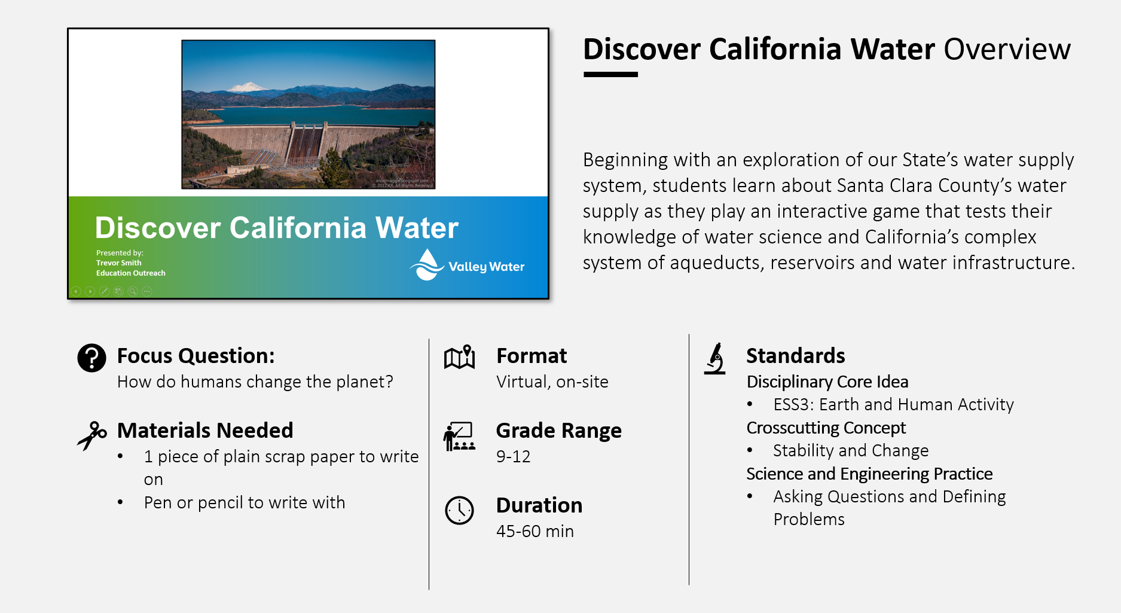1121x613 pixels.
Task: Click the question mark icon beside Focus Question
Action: (91, 358)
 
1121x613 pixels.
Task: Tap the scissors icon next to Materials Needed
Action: (91, 435)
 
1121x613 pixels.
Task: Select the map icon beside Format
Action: (459, 357)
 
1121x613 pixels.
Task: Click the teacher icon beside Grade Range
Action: (459, 437)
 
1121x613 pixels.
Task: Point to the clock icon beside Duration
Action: (459, 510)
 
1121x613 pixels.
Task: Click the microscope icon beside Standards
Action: (715, 358)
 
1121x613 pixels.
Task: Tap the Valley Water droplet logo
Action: (427, 266)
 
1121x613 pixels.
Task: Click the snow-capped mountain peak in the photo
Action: (248, 87)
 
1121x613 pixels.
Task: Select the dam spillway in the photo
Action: (306, 144)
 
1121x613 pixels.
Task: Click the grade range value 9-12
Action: (513, 457)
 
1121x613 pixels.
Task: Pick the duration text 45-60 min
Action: (534, 531)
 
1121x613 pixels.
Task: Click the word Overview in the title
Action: (1007, 49)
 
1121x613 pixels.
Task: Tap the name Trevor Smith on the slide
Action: (119, 263)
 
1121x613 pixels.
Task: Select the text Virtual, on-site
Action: (552, 382)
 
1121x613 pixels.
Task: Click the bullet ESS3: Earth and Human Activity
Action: (893, 405)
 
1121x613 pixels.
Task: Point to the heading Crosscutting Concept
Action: (826, 428)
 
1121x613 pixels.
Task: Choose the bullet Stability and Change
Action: (850, 450)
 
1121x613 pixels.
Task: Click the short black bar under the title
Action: (610, 75)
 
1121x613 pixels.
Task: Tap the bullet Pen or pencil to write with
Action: (244, 502)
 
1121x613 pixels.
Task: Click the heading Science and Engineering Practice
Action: (869, 474)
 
